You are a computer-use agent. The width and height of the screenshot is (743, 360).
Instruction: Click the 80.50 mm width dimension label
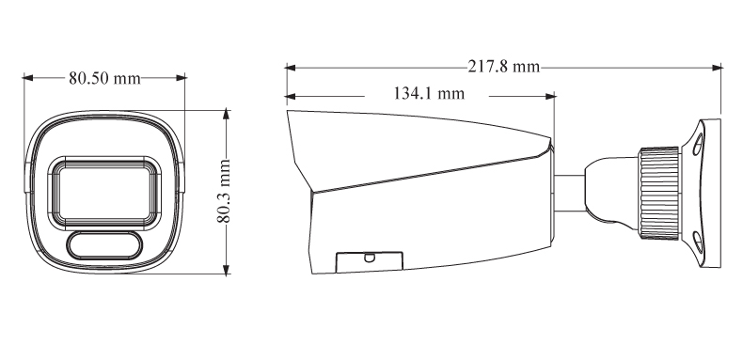point(104,78)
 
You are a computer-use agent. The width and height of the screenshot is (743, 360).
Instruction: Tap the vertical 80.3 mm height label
point(223,191)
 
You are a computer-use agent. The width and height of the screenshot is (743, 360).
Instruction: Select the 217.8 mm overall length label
point(504,67)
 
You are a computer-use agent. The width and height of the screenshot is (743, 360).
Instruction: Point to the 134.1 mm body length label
point(429,93)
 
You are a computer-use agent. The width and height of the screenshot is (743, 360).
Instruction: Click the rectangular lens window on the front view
point(103,194)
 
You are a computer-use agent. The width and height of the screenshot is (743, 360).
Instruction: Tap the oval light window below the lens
point(104,245)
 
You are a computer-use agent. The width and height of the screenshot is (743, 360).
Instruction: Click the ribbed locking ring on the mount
point(659,194)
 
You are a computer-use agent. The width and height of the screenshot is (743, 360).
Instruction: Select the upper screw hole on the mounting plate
point(698,144)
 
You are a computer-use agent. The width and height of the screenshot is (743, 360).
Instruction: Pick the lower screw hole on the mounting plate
point(698,243)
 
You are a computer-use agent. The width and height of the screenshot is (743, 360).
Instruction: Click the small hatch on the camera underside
point(369,262)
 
